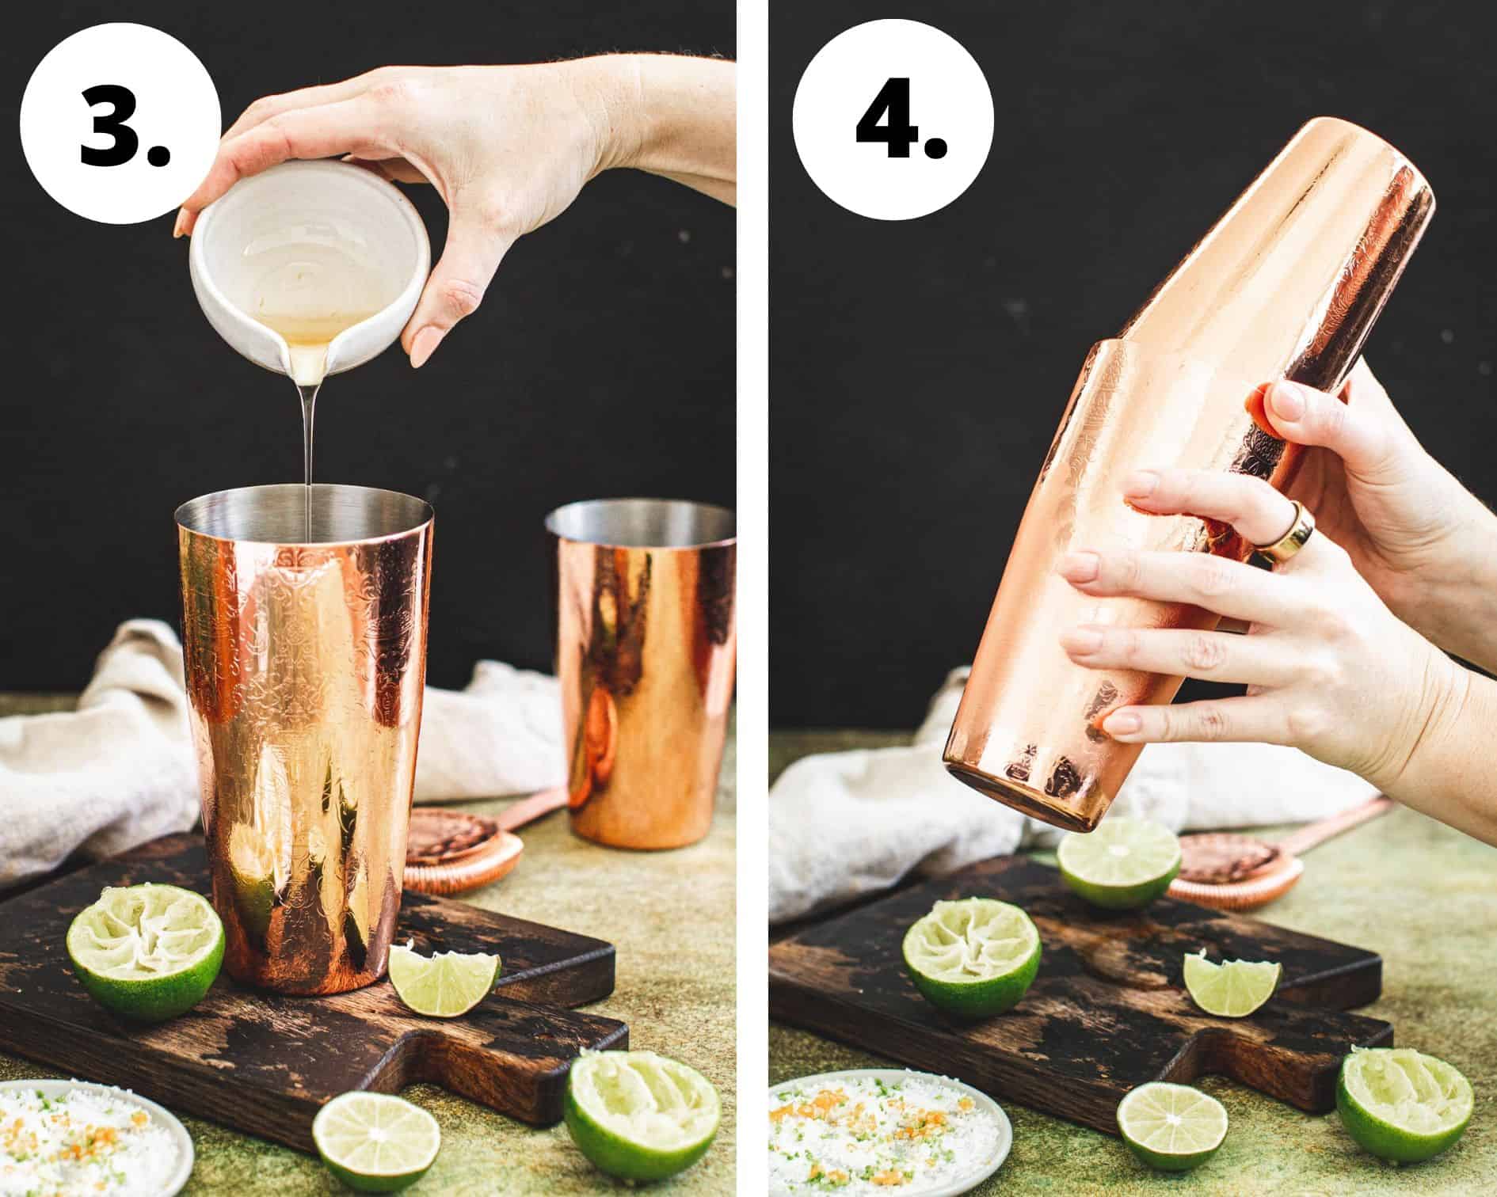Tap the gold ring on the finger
click(x=1287, y=534)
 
